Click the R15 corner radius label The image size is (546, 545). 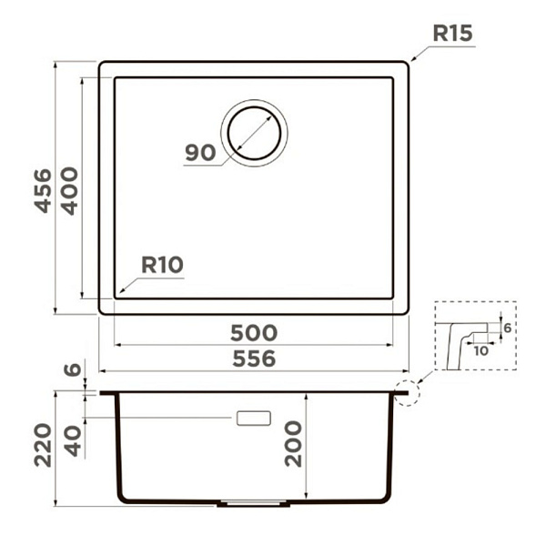452,34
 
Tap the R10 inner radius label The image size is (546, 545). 162,265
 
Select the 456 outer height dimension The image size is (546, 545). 43,190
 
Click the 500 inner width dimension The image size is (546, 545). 254,333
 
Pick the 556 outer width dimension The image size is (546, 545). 254,358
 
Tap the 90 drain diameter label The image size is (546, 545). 200,153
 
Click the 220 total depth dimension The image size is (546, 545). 43,445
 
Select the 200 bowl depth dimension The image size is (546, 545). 293,444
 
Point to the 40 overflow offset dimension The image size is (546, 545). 74,441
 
